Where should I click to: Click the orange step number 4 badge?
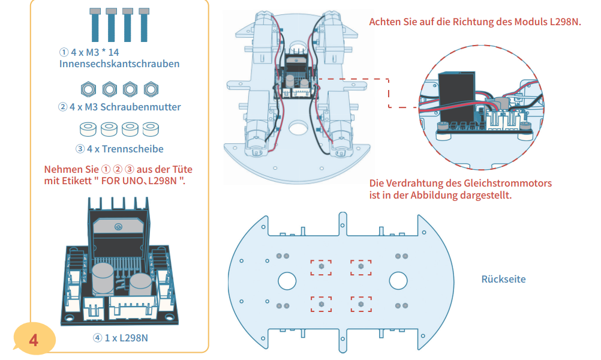34,340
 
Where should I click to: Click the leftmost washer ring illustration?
89,130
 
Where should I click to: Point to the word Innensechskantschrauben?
119,64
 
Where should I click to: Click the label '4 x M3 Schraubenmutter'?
119,107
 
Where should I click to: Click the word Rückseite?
504,279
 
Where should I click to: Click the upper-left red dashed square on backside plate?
321,267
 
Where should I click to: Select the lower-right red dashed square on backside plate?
361,304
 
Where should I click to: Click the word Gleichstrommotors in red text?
504,184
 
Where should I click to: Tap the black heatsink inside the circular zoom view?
457,96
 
